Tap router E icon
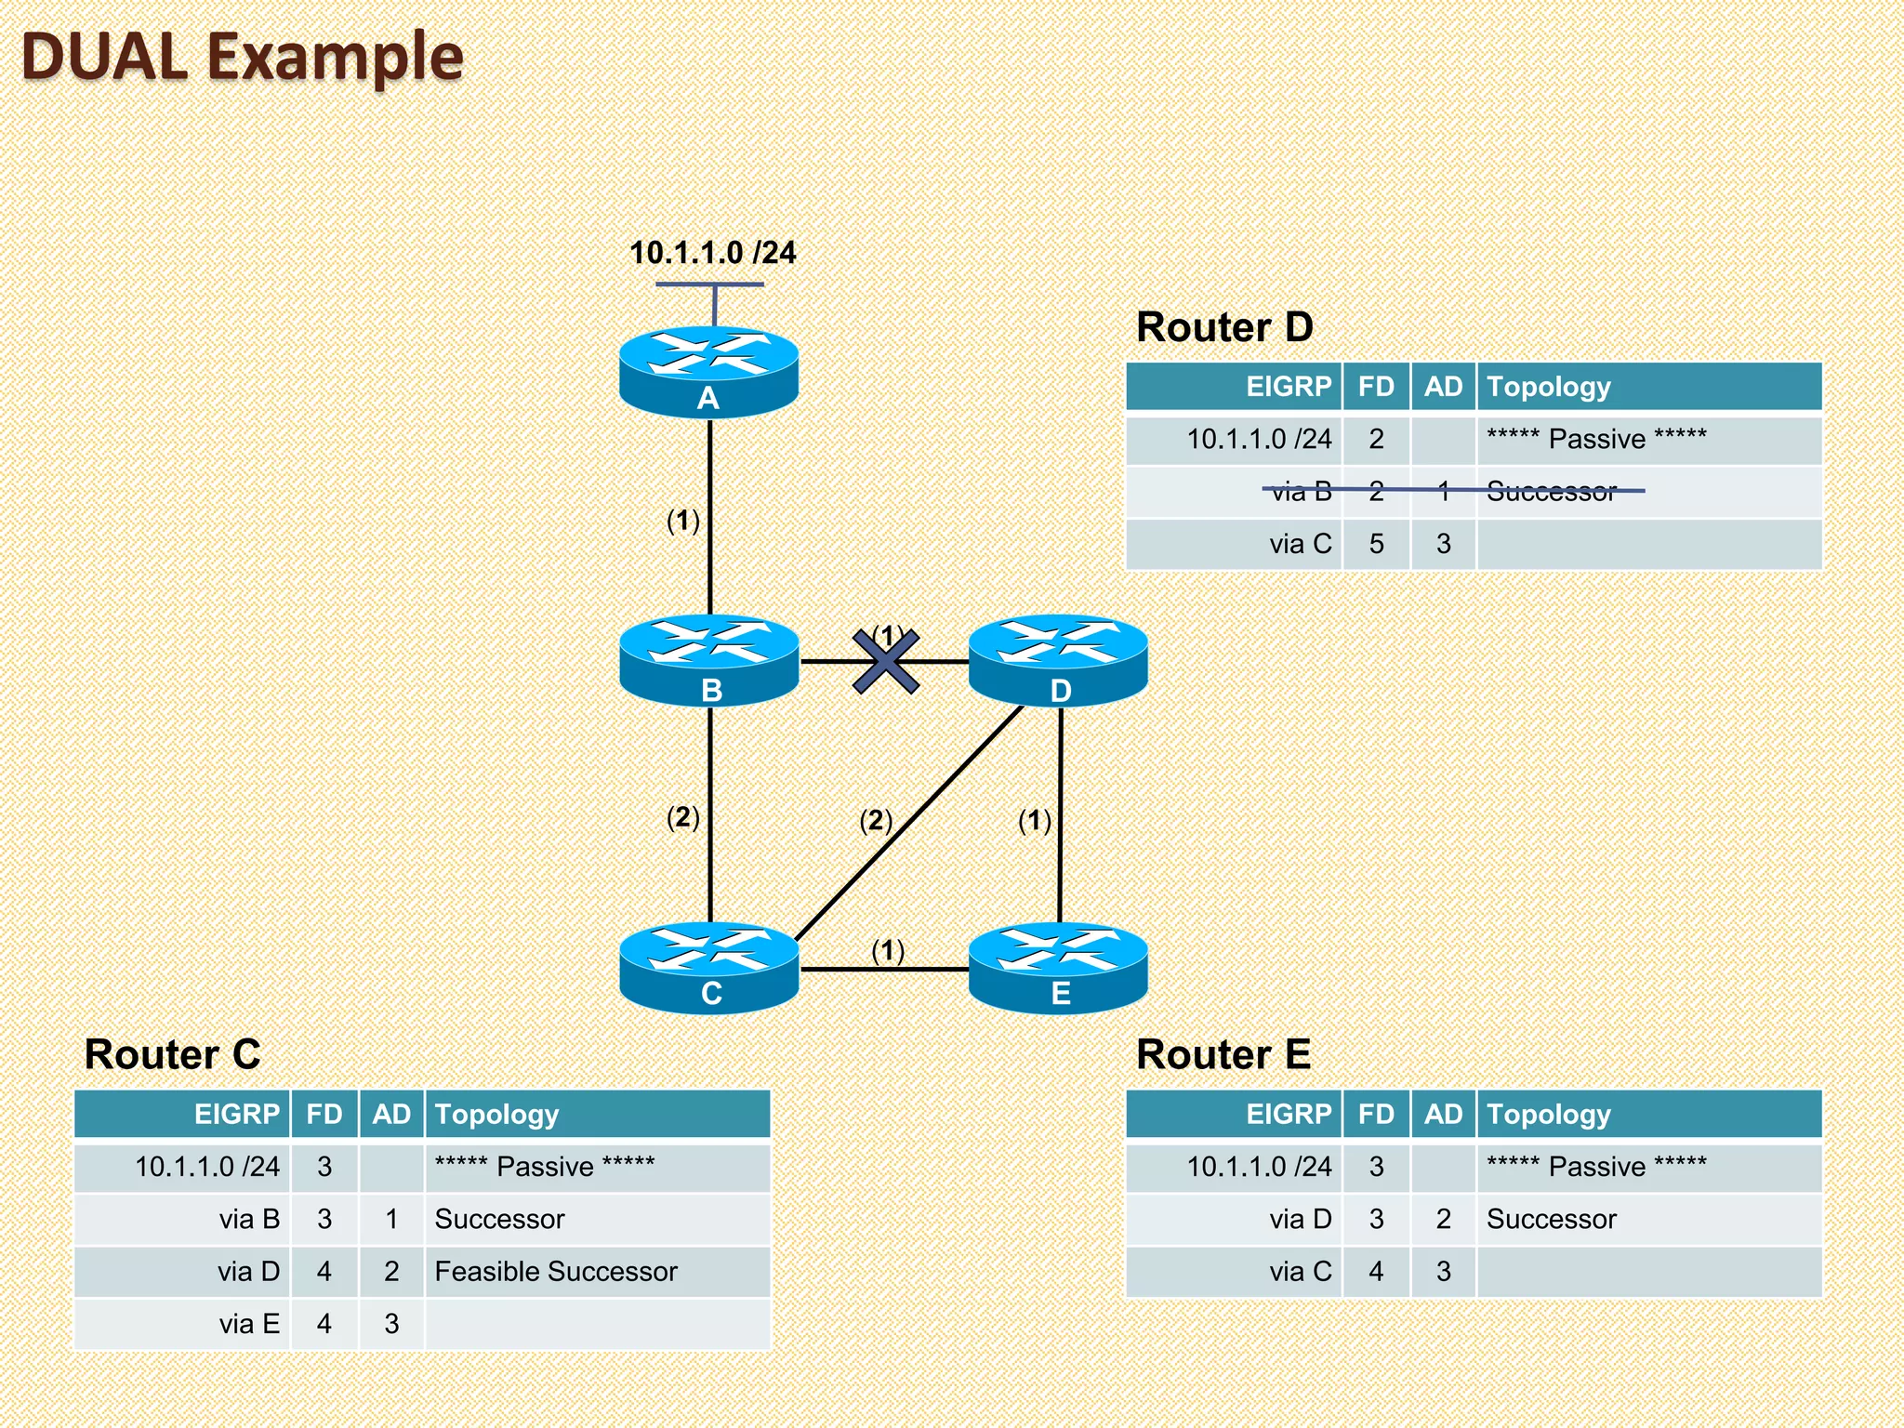[x=1058, y=967]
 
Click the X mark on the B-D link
[x=886, y=662]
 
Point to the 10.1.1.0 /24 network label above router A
[x=712, y=253]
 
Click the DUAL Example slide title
[x=242, y=58]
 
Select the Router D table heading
[x=1224, y=327]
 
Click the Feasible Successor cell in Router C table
[x=555, y=1271]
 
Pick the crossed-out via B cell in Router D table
[x=1301, y=491]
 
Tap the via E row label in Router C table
[x=249, y=1323]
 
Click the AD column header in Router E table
[x=1443, y=1114]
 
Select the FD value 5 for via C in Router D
[x=1376, y=544]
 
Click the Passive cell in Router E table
[x=1596, y=1166]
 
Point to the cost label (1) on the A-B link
[x=683, y=521]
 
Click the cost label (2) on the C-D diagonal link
[x=876, y=820]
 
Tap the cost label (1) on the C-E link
[x=888, y=950]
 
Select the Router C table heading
[x=172, y=1054]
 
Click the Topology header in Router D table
[x=1548, y=387]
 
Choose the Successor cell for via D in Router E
[x=1551, y=1219]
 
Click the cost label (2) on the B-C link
[x=683, y=817]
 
